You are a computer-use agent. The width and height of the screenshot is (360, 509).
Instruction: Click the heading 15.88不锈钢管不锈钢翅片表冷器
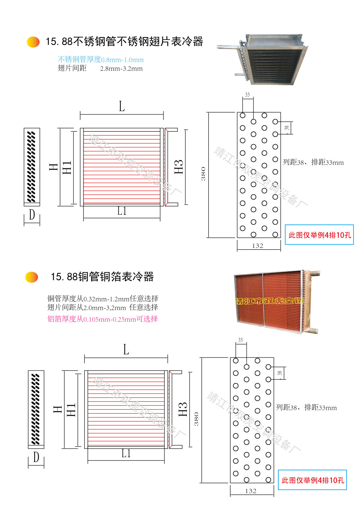[x=124, y=42]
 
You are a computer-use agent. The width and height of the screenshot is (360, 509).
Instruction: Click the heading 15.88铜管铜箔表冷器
[x=102, y=277]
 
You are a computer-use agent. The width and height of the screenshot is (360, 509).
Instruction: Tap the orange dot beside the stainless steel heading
[x=33, y=42]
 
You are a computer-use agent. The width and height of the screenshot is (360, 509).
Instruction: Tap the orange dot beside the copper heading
[x=32, y=277]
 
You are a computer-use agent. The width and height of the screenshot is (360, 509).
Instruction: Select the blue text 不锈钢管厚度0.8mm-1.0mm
[x=100, y=60]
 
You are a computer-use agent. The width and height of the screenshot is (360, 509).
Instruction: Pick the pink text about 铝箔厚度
[x=103, y=319]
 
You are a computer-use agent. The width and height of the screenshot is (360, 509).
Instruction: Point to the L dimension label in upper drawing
[x=122, y=106]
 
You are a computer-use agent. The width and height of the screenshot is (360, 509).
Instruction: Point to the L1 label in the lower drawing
[x=126, y=454]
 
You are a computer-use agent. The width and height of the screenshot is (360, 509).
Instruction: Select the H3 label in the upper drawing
[x=179, y=167]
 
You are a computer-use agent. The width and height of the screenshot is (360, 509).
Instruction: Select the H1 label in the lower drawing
[x=71, y=410]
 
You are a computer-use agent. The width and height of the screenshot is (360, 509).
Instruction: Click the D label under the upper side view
[x=32, y=215]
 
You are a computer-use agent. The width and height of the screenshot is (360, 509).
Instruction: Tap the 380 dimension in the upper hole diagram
[x=203, y=174]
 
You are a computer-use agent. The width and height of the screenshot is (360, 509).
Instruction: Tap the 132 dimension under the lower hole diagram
[x=251, y=491]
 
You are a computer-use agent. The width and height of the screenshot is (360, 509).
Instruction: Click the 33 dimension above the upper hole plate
[x=247, y=95]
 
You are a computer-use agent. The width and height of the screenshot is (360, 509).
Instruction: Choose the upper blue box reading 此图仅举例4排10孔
[x=319, y=235]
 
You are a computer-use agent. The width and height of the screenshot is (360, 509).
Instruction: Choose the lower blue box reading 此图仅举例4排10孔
[x=312, y=480]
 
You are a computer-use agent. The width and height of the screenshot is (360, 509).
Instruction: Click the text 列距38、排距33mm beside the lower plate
[x=306, y=408]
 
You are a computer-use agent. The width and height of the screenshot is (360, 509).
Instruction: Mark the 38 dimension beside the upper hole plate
[x=287, y=128]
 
